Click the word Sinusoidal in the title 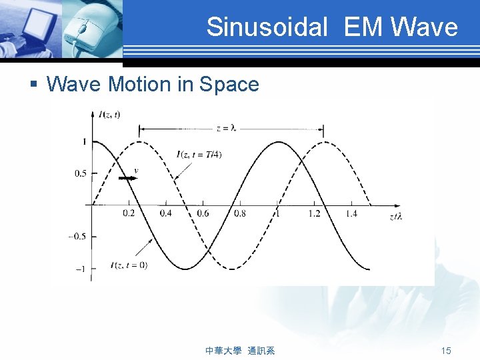[267, 27]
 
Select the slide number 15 [446, 350]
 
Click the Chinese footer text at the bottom [241, 350]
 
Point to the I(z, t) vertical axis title [109, 115]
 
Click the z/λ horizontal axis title [395, 217]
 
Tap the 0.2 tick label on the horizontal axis [128, 213]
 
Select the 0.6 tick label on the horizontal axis [202, 213]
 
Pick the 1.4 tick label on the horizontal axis [351, 213]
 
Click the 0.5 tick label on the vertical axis [79, 173]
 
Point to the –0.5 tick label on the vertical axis [77, 236]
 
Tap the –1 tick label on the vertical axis [80, 269]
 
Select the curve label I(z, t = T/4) [199, 155]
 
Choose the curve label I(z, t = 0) [129, 265]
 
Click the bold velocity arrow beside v [125, 179]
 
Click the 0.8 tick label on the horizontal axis [239, 213]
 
